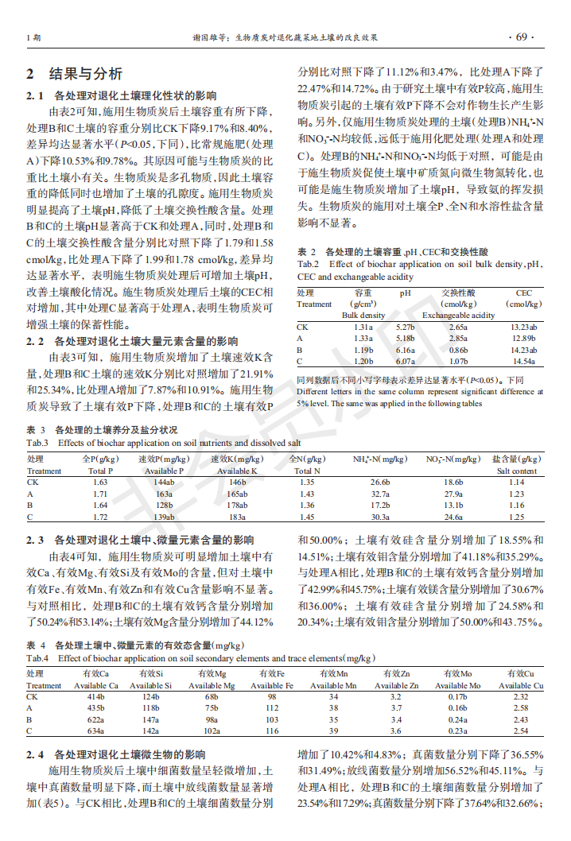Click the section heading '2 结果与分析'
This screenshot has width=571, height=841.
pyautogui.click(x=74, y=74)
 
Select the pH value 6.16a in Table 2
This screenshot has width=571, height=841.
pyautogui.click(x=405, y=350)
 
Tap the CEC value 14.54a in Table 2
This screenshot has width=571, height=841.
pyautogui.click(x=522, y=362)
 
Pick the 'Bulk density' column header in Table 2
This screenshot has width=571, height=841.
pyautogui.click(x=363, y=316)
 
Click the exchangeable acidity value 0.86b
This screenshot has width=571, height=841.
pyautogui.click(x=458, y=350)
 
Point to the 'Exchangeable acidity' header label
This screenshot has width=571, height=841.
pyautogui.click(x=458, y=316)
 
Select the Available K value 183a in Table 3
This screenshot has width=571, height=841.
pyautogui.click(x=238, y=517)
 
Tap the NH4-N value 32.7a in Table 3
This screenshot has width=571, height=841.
pyautogui.click(x=380, y=494)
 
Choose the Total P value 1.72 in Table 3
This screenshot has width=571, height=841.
pyautogui.click(x=99, y=517)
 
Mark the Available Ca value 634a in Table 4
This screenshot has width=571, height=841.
pyautogui.click(x=95, y=731)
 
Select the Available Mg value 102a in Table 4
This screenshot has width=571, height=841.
pyautogui.click(x=212, y=731)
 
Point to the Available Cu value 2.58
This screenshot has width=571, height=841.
pyautogui.click(x=520, y=707)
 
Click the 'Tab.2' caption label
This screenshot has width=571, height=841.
pyautogui.click(x=309, y=264)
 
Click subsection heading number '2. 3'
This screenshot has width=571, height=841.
pyautogui.click(x=35, y=540)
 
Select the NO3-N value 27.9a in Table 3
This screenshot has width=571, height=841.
pyautogui.click(x=453, y=494)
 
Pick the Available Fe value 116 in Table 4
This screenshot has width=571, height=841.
pyautogui.click(x=273, y=731)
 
